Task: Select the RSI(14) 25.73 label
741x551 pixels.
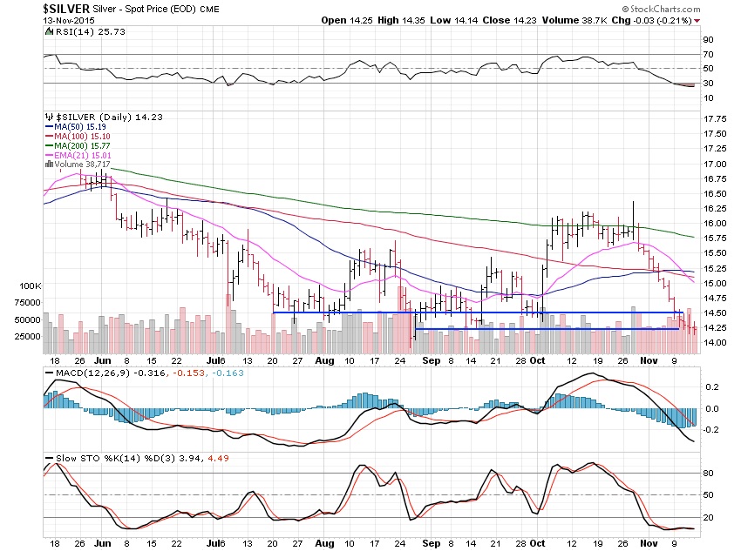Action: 78,31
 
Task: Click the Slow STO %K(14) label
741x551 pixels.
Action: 81,457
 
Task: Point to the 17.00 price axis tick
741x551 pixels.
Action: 715,164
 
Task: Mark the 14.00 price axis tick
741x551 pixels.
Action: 715,343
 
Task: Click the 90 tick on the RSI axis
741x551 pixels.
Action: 710,40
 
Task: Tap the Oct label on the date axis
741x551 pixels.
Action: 537,359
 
